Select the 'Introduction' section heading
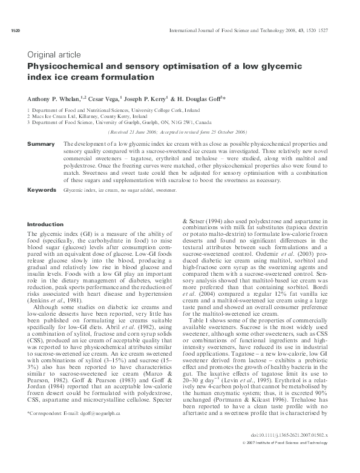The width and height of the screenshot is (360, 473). pos(45,225)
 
